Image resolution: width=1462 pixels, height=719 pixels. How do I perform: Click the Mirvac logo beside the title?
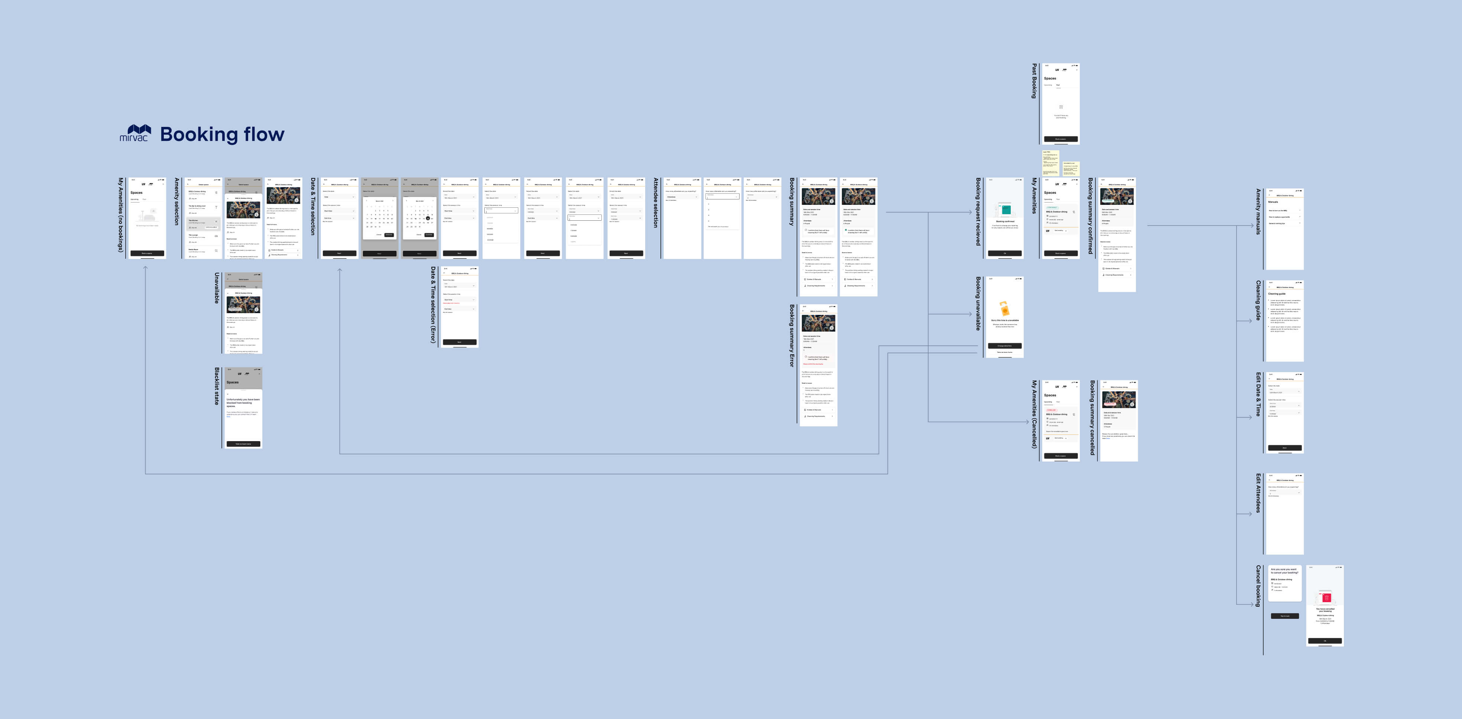pyautogui.click(x=135, y=133)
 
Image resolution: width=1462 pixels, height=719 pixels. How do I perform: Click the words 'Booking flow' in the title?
pyautogui.click(x=222, y=134)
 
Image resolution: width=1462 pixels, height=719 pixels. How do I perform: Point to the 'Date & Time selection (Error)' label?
pyautogui.click(x=433, y=305)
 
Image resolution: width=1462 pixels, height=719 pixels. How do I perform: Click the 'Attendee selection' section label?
pyautogui.click(x=656, y=203)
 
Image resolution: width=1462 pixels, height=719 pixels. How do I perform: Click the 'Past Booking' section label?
pyautogui.click(x=1034, y=81)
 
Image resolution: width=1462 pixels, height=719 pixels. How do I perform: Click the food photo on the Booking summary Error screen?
pyautogui.click(x=818, y=323)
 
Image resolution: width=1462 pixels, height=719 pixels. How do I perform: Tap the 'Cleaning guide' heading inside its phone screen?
pyautogui.click(x=1277, y=294)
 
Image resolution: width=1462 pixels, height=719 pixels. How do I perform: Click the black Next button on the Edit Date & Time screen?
pyautogui.click(x=1285, y=448)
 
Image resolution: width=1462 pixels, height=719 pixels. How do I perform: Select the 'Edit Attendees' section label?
pyautogui.click(x=1258, y=493)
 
